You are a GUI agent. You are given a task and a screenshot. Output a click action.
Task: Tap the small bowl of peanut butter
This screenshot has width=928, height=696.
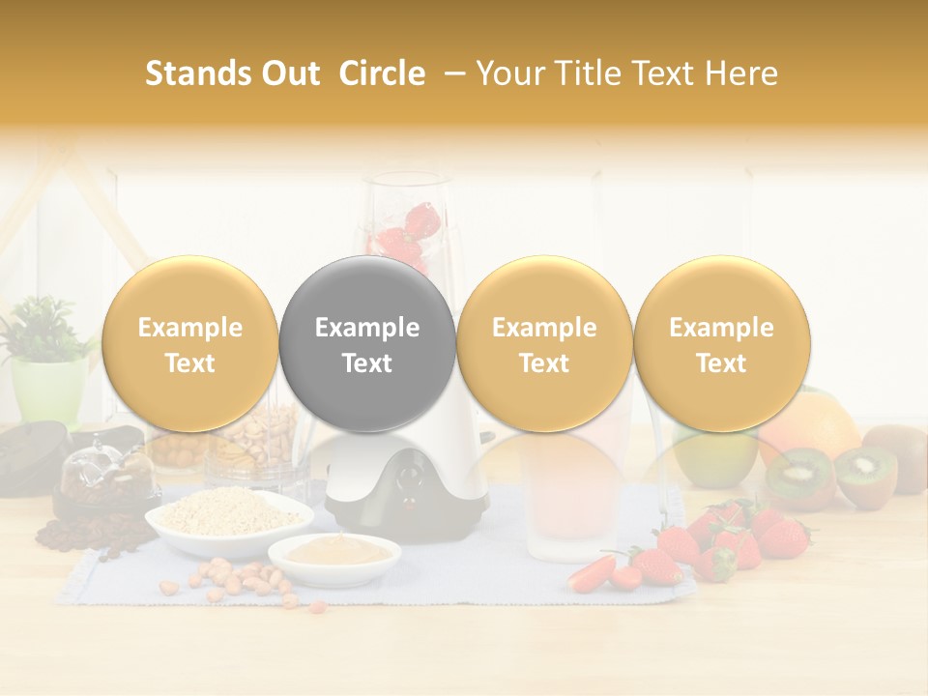(334, 554)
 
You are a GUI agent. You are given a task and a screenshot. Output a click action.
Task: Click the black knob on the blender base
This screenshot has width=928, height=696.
(413, 477)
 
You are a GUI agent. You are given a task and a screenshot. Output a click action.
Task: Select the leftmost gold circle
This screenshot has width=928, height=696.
(189, 344)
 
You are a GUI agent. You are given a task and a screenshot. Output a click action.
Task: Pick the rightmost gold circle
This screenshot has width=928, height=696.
(721, 344)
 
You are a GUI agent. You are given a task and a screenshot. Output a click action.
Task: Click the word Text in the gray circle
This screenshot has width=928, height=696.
(367, 363)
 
